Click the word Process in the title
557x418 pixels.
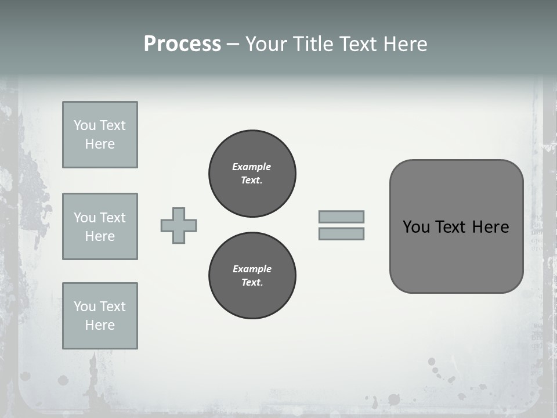tap(182, 44)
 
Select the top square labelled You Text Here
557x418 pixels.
tap(100, 135)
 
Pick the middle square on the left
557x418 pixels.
tap(100, 226)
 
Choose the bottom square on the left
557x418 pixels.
tap(100, 316)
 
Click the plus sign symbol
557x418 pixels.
tap(179, 225)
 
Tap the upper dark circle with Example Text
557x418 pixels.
tap(252, 174)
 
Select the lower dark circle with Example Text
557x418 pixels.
tap(252, 275)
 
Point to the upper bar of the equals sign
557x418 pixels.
tap(341, 217)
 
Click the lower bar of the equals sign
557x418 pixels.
tap(341, 234)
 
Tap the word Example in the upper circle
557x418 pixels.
tap(251, 167)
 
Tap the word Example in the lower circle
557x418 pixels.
tap(252, 269)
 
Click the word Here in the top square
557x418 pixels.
tap(100, 144)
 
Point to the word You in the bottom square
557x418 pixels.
tap(85, 306)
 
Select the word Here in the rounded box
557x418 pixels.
tap(490, 226)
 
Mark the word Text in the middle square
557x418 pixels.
tap(112, 218)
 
